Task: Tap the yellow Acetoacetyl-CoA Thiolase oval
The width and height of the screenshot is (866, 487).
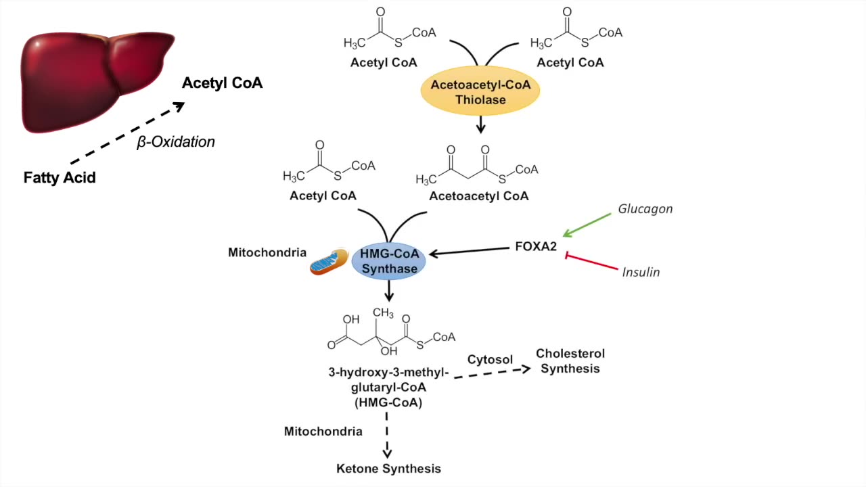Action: coord(480,93)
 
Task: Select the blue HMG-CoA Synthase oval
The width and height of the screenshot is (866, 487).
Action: coord(389,262)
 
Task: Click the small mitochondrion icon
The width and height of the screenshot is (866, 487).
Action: coord(329,262)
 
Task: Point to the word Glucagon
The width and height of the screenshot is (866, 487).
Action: coord(645,209)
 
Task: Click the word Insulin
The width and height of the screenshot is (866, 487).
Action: coord(641,273)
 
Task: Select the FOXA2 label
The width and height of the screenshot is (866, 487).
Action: coord(536,247)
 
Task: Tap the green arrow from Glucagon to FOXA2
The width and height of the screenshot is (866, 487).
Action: coord(588,225)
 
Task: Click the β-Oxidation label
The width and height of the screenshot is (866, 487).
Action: coord(176,142)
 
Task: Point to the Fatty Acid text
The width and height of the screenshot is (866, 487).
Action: coord(60,178)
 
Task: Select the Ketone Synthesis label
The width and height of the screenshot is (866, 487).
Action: coord(388,469)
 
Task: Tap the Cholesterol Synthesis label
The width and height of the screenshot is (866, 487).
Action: coord(570,361)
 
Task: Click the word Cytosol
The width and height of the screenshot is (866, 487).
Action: coord(490,360)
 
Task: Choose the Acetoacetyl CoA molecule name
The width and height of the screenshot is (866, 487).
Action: coord(479,196)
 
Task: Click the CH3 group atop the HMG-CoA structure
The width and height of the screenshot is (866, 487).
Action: coord(382,312)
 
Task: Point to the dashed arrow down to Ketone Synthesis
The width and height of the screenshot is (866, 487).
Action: coord(388,440)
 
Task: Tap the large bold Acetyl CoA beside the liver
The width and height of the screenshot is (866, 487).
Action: coord(222,83)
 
